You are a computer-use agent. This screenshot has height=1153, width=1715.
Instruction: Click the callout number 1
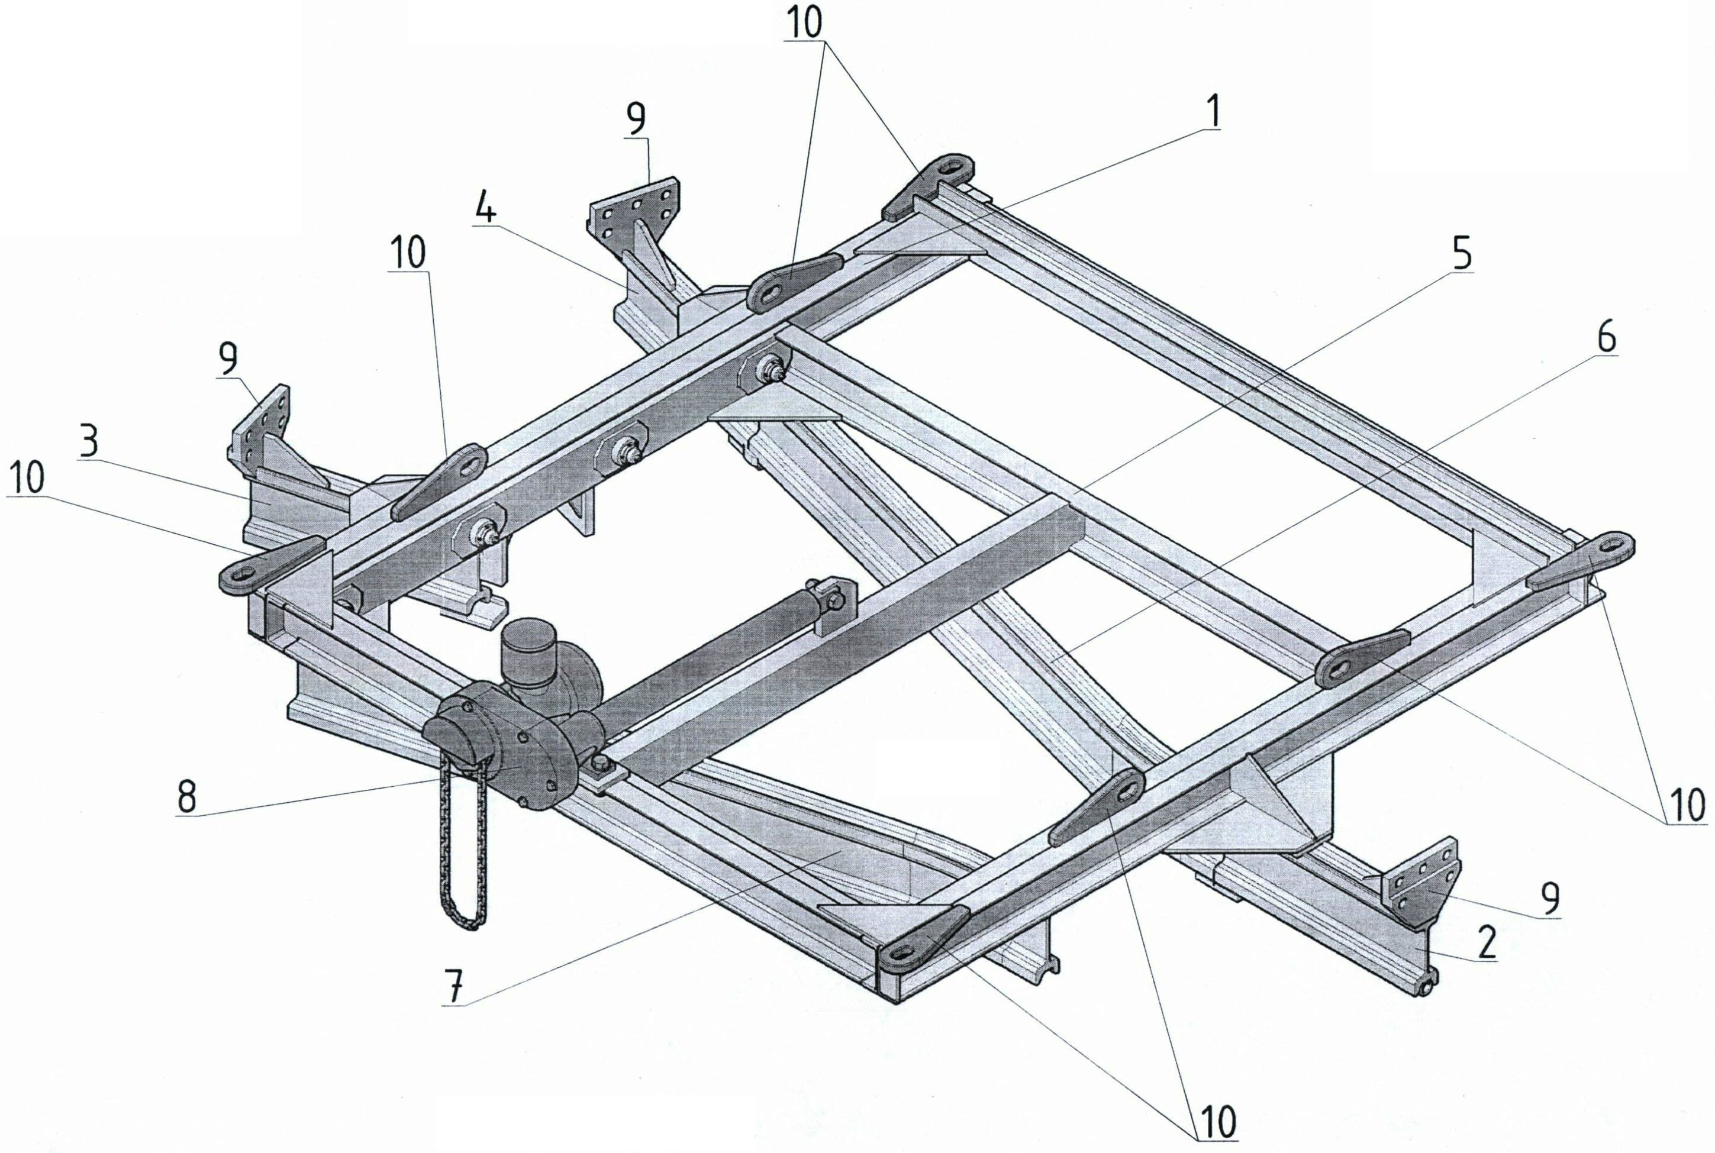(1211, 112)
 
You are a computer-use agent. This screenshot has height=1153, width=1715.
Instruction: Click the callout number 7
(455, 986)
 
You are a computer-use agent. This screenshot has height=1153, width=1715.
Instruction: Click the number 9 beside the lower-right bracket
(1551, 898)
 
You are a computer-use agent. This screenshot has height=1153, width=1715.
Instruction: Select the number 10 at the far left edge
(28, 478)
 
